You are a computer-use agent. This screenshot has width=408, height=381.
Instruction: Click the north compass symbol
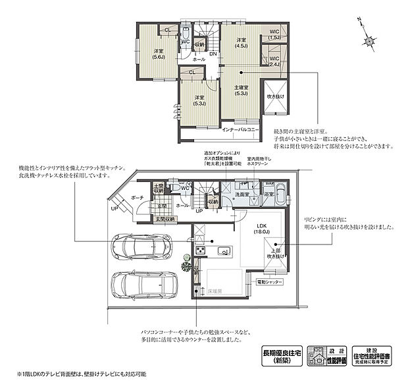[370, 38]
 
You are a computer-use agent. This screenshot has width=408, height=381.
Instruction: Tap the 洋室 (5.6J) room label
[159, 55]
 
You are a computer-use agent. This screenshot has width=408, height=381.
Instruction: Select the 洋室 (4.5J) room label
[242, 44]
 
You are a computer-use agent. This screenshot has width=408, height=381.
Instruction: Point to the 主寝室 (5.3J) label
[242, 90]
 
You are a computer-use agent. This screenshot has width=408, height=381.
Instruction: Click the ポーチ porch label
[137, 197]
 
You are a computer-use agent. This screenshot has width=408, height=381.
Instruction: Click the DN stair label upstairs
[213, 54]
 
